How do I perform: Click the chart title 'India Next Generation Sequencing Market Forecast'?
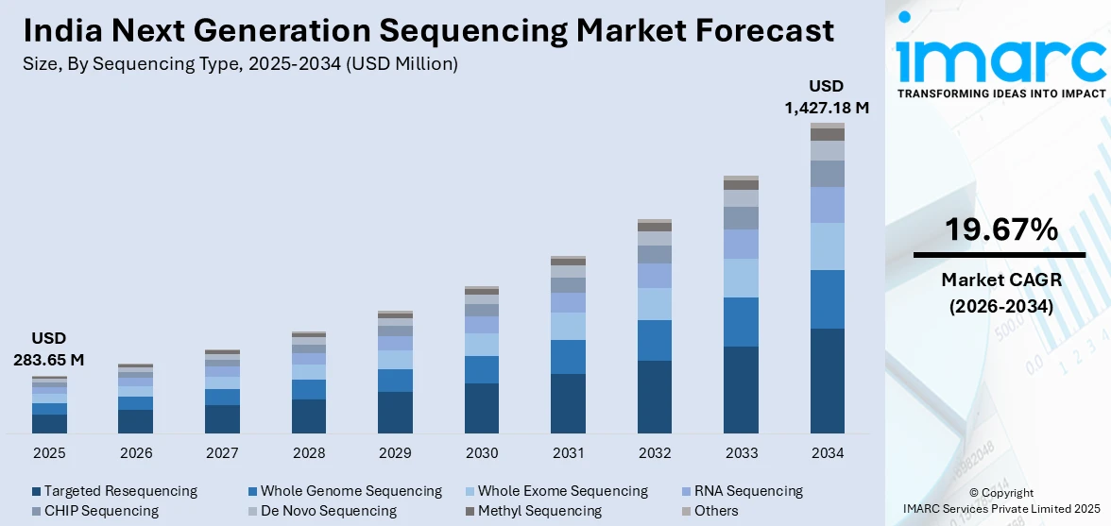pyautogui.click(x=429, y=30)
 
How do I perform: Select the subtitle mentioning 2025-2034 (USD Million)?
pyautogui.click(x=241, y=64)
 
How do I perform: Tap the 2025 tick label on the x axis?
pyautogui.click(x=49, y=453)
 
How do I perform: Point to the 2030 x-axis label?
pyautogui.click(x=482, y=453)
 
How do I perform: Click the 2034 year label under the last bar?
pyautogui.click(x=828, y=453)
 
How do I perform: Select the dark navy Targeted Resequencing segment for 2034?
pyautogui.click(x=828, y=381)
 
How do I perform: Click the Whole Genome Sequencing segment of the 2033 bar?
pyautogui.click(x=741, y=322)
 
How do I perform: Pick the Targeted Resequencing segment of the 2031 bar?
pyautogui.click(x=568, y=403)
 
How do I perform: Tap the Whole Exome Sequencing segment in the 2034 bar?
pyautogui.click(x=828, y=246)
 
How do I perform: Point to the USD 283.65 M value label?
pyautogui.click(x=48, y=348)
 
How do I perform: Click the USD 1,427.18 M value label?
pyautogui.click(x=827, y=97)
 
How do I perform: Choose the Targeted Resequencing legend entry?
pyautogui.click(x=114, y=491)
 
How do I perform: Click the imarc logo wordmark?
pyautogui.click(x=1001, y=59)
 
